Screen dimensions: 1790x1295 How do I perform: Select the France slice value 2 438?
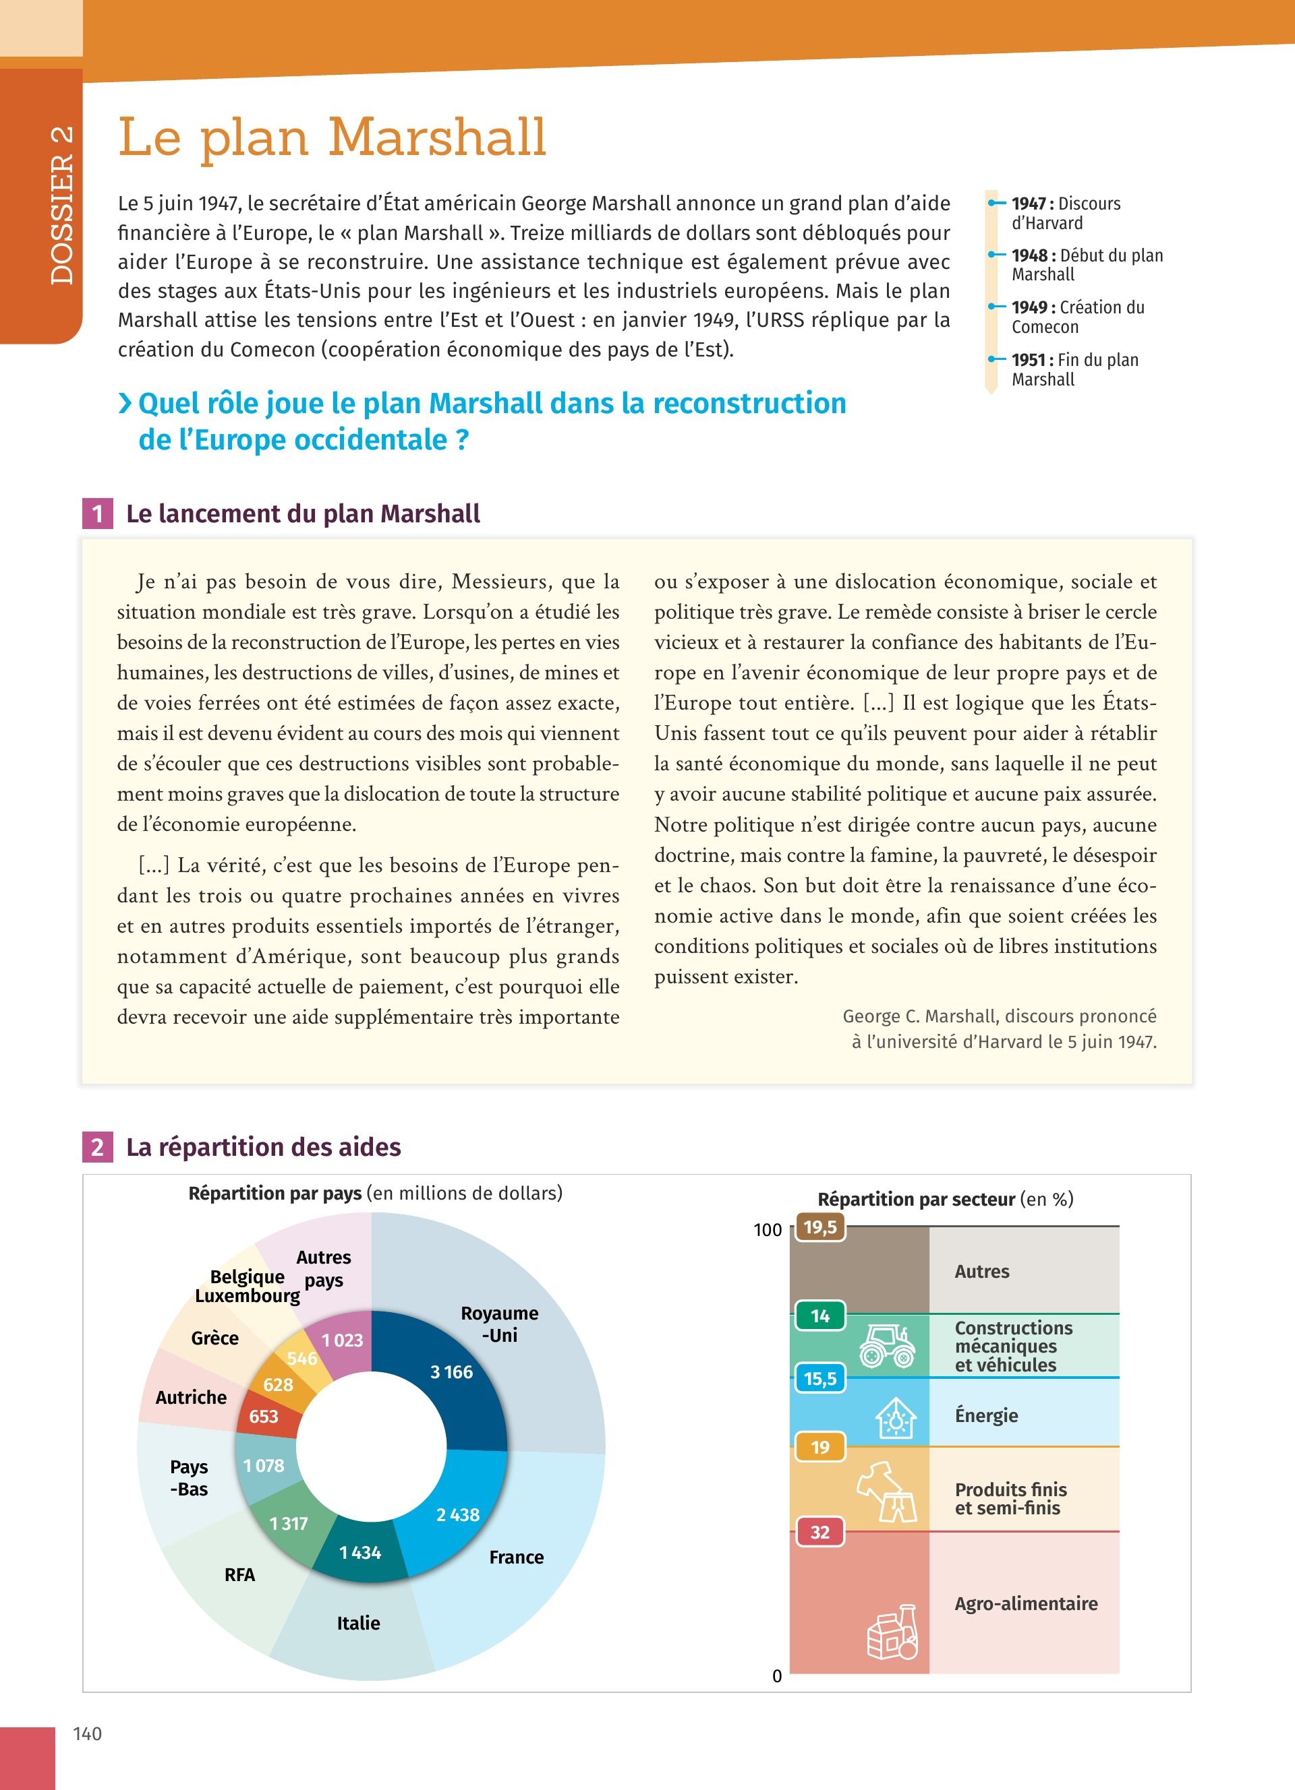(457, 1514)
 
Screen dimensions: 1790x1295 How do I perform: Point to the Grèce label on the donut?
(214, 1338)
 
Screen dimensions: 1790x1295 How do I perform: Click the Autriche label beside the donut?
(191, 1397)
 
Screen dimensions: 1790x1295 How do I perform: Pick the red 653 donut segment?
(264, 1416)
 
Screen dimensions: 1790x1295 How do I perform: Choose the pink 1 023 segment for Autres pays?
(342, 1340)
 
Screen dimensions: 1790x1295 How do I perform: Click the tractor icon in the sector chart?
(887, 1347)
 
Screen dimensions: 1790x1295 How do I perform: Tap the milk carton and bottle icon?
(894, 1633)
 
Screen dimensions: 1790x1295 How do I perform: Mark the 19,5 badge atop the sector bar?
(819, 1227)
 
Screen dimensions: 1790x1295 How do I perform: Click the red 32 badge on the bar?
(819, 1532)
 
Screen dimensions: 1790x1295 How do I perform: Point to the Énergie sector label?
(986, 1415)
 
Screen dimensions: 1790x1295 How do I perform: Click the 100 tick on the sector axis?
(767, 1230)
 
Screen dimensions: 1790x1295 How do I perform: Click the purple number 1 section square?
(97, 514)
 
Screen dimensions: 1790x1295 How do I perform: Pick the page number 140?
(88, 1733)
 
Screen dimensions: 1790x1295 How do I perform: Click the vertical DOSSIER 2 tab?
(61, 204)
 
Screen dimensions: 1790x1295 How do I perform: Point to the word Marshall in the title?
(436, 137)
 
